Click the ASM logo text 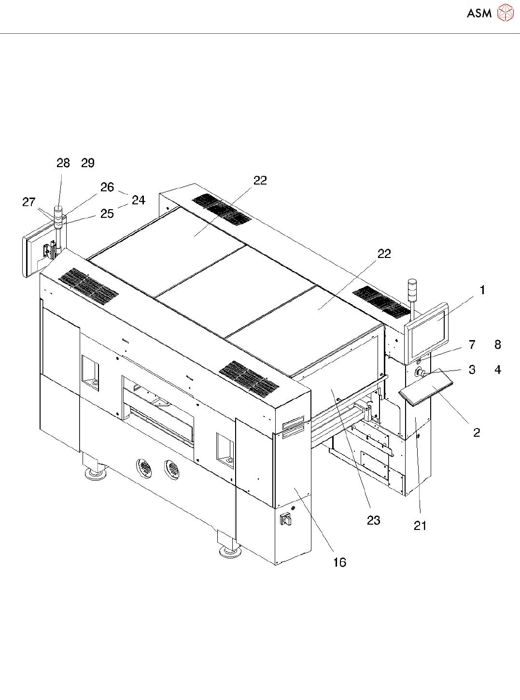click(x=479, y=14)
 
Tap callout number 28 click(x=63, y=163)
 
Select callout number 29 click(x=88, y=163)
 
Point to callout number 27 click(x=29, y=202)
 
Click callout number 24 click(x=139, y=200)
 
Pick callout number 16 click(x=339, y=562)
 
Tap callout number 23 click(x=373, y=520)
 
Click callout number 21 click(x=420, y=526)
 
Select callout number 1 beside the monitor click(x=482, y=290)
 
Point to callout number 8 click(x=498, y=344)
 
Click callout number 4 click(x=498, y=370)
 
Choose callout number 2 click(x=477, y=432)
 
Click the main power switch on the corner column click(x=285, y=519)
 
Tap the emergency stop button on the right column click(x=420, y=372)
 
